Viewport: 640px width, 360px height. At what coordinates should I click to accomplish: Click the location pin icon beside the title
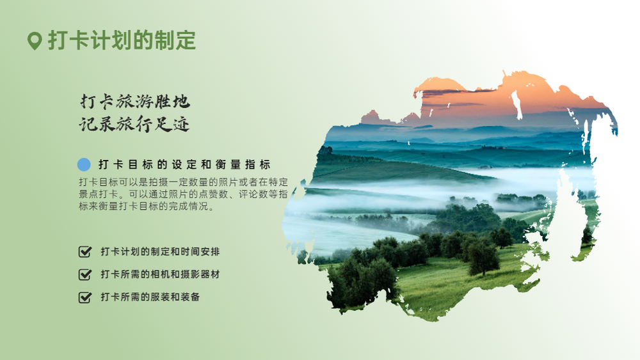click(35, 41)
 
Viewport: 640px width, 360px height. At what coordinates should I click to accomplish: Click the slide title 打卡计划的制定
click(122, 40)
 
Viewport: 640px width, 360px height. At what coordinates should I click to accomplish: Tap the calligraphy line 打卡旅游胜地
click(135, 102)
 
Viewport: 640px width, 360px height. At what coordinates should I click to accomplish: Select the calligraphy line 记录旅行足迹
click(134, 124)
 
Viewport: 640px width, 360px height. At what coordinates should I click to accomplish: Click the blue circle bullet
click(84, 164)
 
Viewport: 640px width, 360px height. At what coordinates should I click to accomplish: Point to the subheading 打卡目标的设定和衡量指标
click(184, 165)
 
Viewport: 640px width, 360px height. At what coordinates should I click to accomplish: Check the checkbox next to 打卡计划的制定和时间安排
click(85, 251)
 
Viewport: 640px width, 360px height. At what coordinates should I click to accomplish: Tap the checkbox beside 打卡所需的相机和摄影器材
click(85, 274)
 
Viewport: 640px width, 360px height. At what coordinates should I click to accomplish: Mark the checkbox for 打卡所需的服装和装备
click(85, 297)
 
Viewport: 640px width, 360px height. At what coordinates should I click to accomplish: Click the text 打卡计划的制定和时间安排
click(161, 251)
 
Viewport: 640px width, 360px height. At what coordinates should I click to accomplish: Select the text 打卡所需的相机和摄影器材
click(161, 274)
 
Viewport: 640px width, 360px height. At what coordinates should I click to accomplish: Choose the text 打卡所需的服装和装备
click(150, 297)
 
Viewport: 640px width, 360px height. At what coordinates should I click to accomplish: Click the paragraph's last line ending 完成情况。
click(146, 207)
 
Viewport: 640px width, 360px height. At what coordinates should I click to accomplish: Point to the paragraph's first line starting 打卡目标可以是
click(183, 182)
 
